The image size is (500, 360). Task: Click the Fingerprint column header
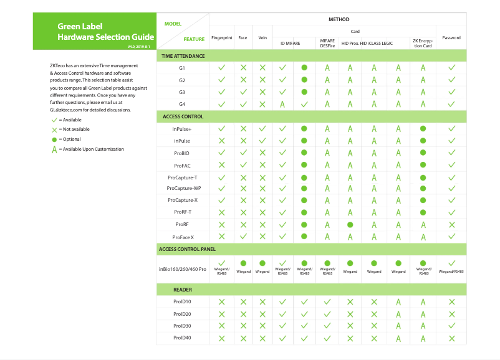click(x=221, y=38)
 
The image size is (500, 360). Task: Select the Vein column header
click(x=262, y=38)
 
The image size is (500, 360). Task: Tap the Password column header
click(x=451, y=38)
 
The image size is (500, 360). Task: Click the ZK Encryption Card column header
click(x=423, y=42)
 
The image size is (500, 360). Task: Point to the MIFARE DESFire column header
click(x=327, y=42)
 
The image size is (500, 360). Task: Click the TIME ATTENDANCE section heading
click(x=183, y=56)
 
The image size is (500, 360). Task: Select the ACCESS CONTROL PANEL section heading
click(x=187, y=249)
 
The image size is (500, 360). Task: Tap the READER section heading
click(x=183, y=290)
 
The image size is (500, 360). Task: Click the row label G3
click(x=182, y=92)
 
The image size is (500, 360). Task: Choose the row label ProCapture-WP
click(x=183, y=188)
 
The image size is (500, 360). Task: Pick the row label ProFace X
click(x=183, y=237)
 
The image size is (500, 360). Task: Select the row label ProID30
click(x=182, y=326)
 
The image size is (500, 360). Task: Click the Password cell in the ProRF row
click(x=451, y=224)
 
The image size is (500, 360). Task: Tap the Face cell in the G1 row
click(x=243, y=67)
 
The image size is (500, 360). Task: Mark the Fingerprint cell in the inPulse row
click(x=221, y=140)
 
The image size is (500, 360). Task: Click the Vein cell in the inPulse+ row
click(x=262, y=128)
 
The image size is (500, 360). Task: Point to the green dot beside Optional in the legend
click(x=54, y=140)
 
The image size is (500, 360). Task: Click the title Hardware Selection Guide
click(x=105, y=37)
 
